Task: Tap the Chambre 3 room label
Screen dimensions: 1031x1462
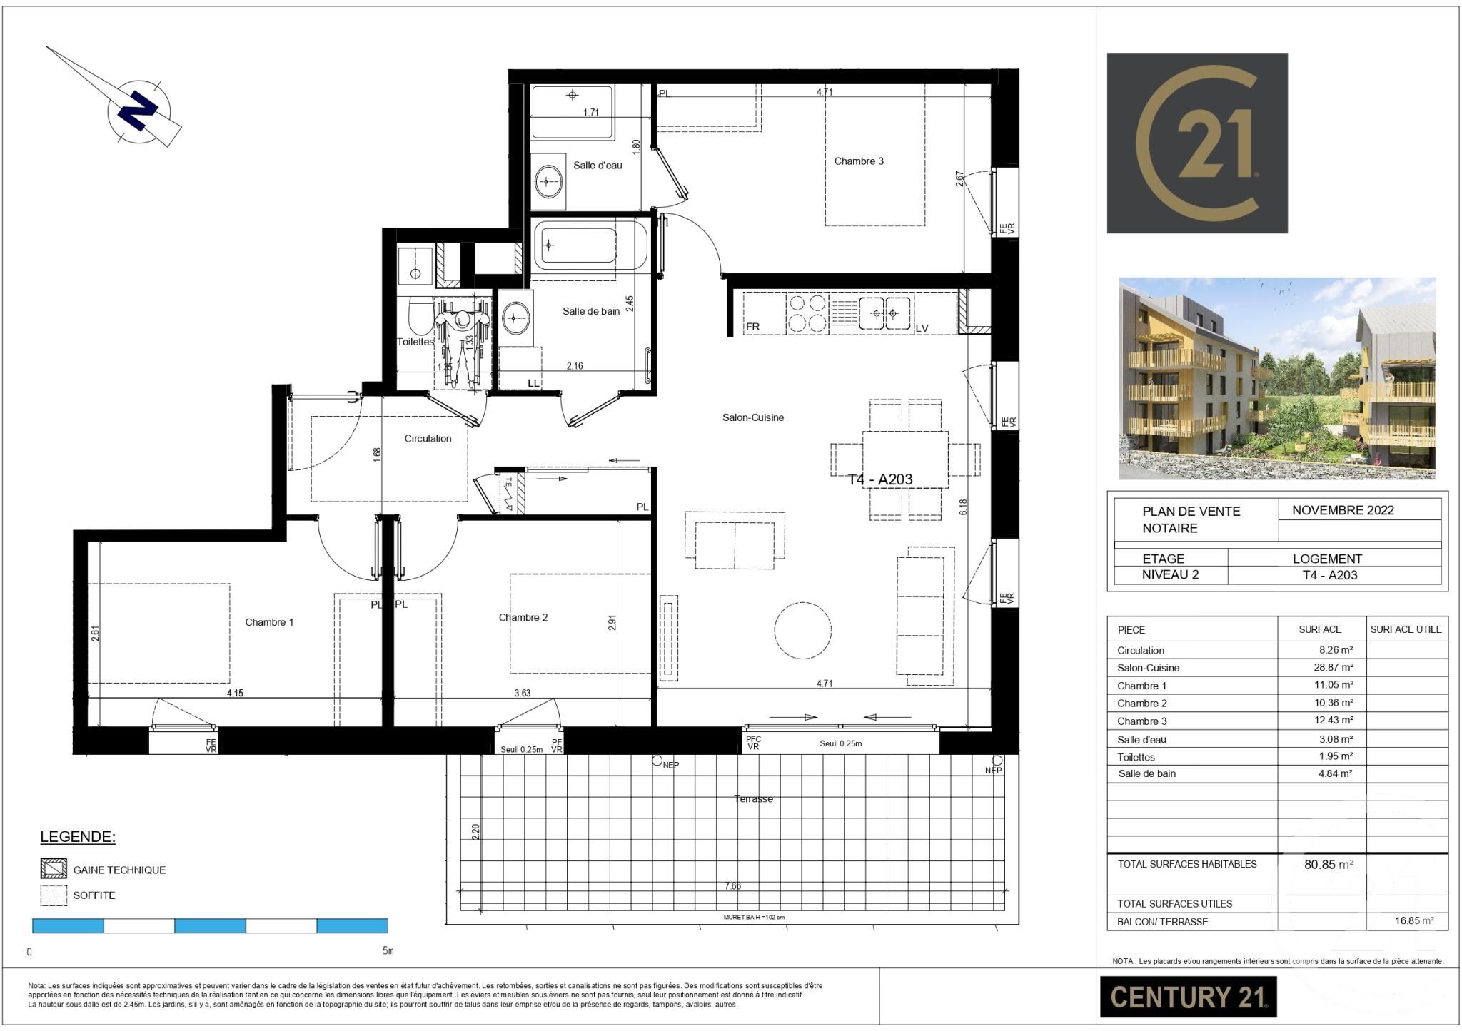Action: (x=859, y=161)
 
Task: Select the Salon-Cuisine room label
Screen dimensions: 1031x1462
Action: (x=752, y=417)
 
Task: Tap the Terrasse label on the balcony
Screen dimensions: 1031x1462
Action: (x=753, y=798)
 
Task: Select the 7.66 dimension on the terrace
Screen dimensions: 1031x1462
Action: (x=732, y=885)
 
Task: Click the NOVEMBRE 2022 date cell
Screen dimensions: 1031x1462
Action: (x=1342, y=510)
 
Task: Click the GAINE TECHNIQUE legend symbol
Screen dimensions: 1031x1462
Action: (x=54, y=868)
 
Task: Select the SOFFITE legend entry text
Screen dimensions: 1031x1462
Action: (x=94, y=895)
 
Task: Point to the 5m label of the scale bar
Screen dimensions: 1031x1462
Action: (x=388, y=951)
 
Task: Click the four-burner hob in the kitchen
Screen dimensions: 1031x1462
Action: (x=807, y=313)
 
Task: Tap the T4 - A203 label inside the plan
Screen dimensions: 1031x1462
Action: (x=879, y=479)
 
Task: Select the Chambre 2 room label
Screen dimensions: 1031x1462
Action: (x=523, y=617)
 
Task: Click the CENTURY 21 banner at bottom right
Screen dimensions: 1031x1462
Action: (x=1188, y=997)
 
